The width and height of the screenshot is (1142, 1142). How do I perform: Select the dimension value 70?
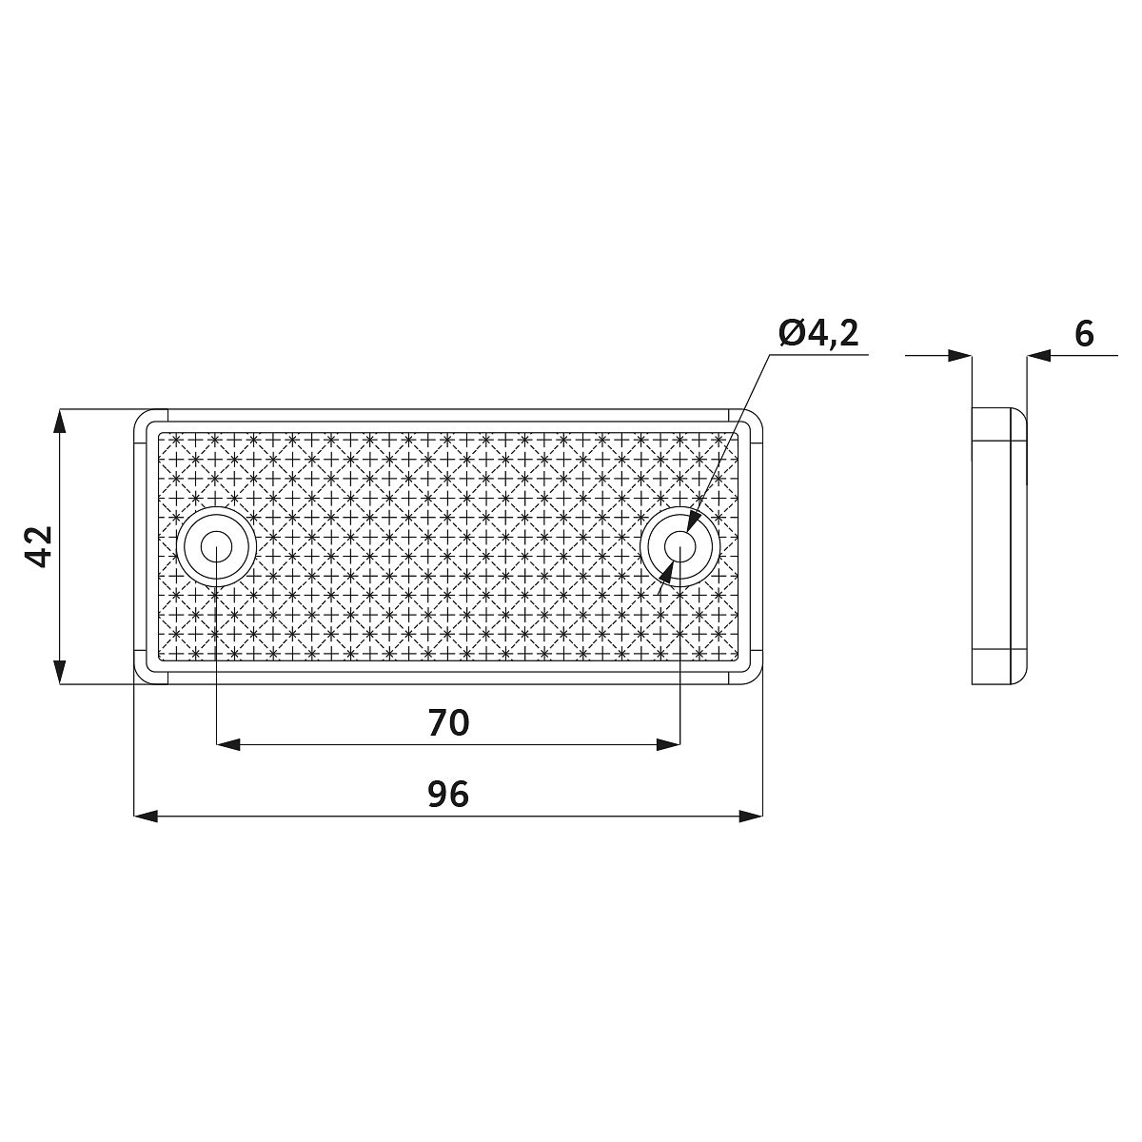click(x=448, y=723)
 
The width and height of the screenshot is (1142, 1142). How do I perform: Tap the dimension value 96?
click(x=448, y=795)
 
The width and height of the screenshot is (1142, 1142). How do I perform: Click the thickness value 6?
click(x=1084, y=334)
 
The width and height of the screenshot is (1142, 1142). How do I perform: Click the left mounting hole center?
click(x=216, y=546)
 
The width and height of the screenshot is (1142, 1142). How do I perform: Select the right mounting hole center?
click(x=679, y=546)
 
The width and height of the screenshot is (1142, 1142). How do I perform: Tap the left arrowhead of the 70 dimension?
click(x=228, y=745)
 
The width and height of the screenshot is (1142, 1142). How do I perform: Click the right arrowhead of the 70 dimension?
click(x=668, y=745)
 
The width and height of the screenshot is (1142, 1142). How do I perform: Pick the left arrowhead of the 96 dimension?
click(x=147, y=817)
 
